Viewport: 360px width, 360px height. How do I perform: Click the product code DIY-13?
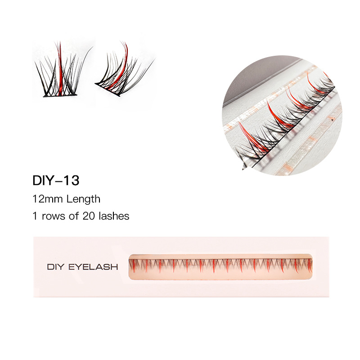(x=56, y=180)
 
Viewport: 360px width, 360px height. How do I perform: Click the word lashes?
(x=114, y=216)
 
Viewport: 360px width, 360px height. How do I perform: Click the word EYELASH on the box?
(x=93, y=267)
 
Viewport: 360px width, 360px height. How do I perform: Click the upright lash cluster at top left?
(x=61, y=72)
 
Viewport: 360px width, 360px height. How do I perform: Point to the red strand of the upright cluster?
(x=59, y=67)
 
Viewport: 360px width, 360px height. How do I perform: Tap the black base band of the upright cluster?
(x=61, y=96)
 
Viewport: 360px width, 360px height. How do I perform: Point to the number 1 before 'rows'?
(x=35, y=216)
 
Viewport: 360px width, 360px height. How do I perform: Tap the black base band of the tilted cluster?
(x=108, y=90)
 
